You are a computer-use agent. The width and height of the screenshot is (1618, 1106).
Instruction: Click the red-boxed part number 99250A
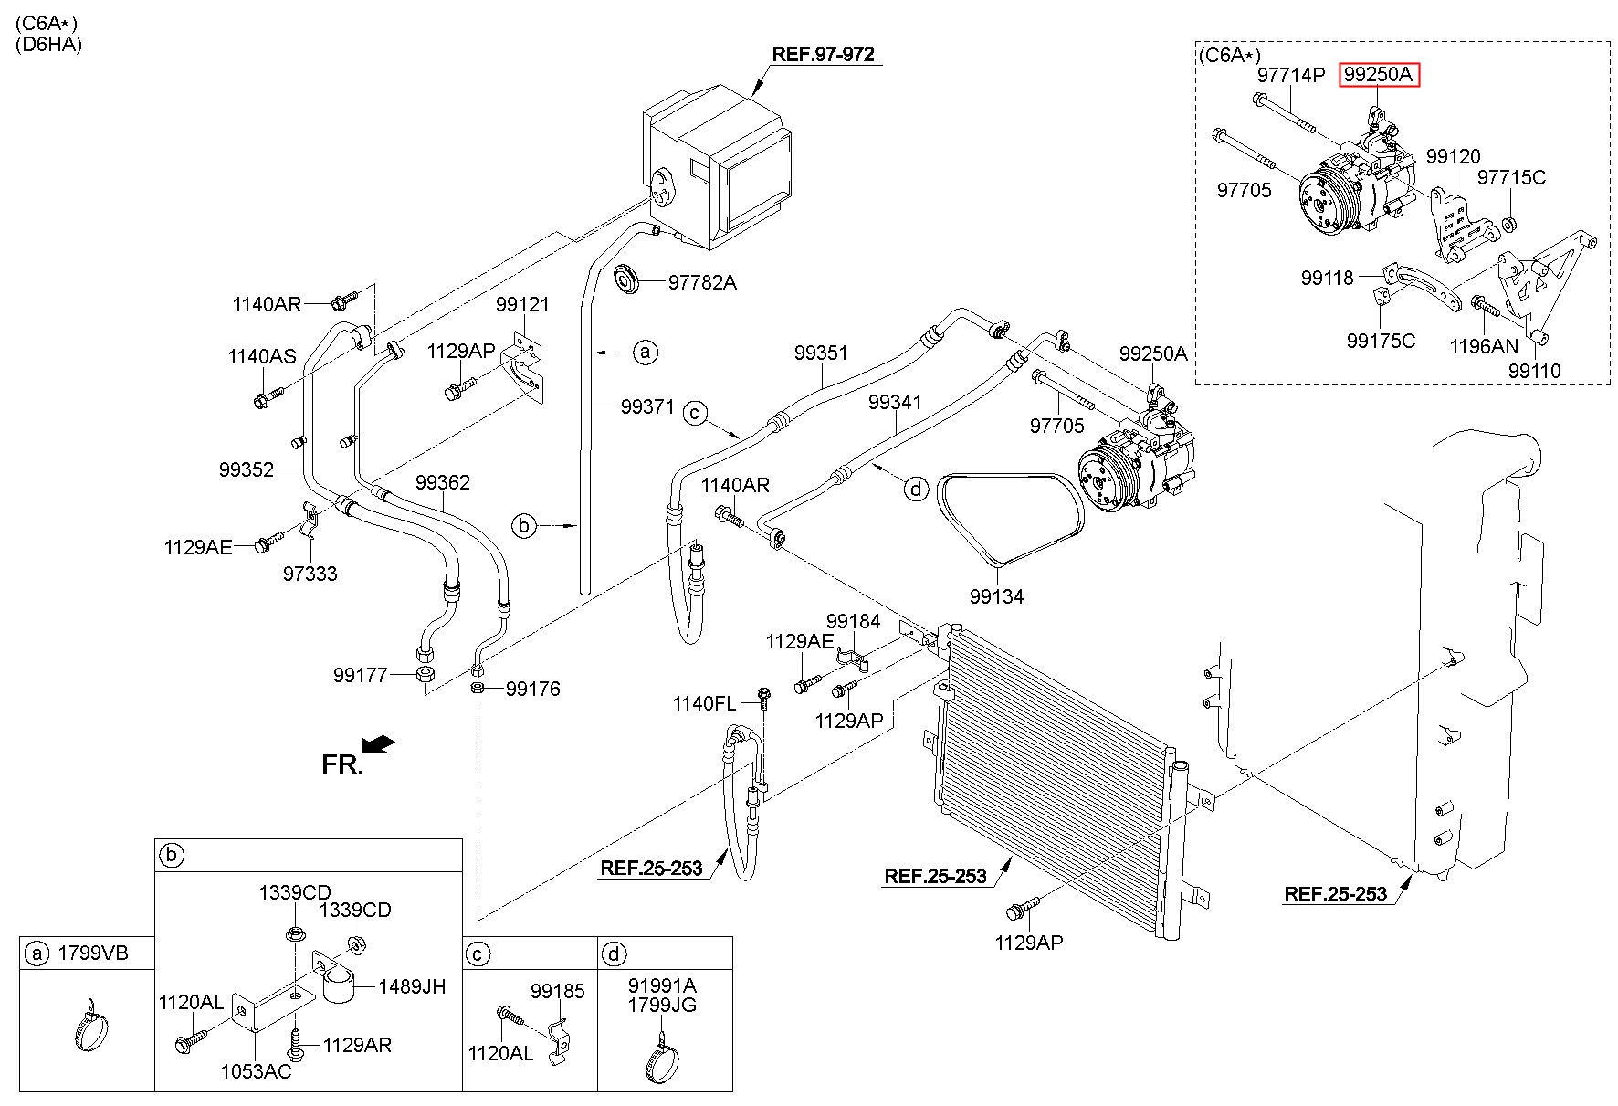click(x=1380, y=75)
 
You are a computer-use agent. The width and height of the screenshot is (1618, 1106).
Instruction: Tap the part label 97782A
click(x=702, y=282)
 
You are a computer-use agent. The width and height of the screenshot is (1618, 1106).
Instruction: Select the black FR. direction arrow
click(x=378, y=745)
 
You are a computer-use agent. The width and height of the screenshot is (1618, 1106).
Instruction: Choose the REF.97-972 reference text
click(x=823, y=54)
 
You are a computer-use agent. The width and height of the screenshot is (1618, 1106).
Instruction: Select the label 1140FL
click(x=704, y=702)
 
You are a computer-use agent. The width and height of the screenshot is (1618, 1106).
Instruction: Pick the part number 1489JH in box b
click(x=411, y=986)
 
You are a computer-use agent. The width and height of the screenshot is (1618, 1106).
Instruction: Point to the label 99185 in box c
click(x=559, y=991)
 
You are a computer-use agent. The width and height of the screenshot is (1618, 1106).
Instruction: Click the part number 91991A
click(x=663, y=985)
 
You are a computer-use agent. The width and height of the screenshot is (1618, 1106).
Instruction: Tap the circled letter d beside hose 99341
click(x=916, y=490)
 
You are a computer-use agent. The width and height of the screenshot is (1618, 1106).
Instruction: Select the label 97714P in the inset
click(x=1290, y=75)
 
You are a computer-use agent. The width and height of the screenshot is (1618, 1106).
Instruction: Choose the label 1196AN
click(x=1484, y=346)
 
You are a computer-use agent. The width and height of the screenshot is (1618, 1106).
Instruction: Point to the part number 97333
click(x=310, y=574)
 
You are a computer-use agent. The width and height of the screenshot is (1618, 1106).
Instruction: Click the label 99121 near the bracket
click(x=523, y=304)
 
